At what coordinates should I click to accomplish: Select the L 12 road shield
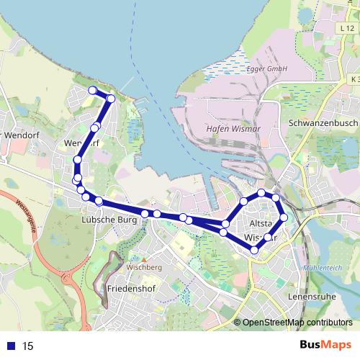345,27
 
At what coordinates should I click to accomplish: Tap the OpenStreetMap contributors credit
297,323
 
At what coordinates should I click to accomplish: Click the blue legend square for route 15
11,346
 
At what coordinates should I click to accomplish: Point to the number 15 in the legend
28,346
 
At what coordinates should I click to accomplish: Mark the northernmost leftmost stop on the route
92,90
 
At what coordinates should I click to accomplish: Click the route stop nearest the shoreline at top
110,98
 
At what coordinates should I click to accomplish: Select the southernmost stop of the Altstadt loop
254,250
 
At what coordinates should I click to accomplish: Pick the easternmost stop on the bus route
284,217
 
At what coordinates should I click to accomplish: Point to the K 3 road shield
354,78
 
